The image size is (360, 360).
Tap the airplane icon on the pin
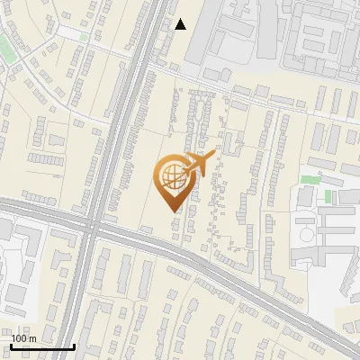pyautogui.click(x=197, y=165)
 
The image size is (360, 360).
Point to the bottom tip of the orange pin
pyautogui.click(x=172, y=210)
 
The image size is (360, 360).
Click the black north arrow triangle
pyautogui.click(x=181, y=24)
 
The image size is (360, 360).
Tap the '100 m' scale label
pyautogui.click(x=23, y=338)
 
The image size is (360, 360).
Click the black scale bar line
pyautogui.click(x=42, y=346)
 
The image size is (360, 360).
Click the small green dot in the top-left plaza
pyautogui.click(x=84, y=37)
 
